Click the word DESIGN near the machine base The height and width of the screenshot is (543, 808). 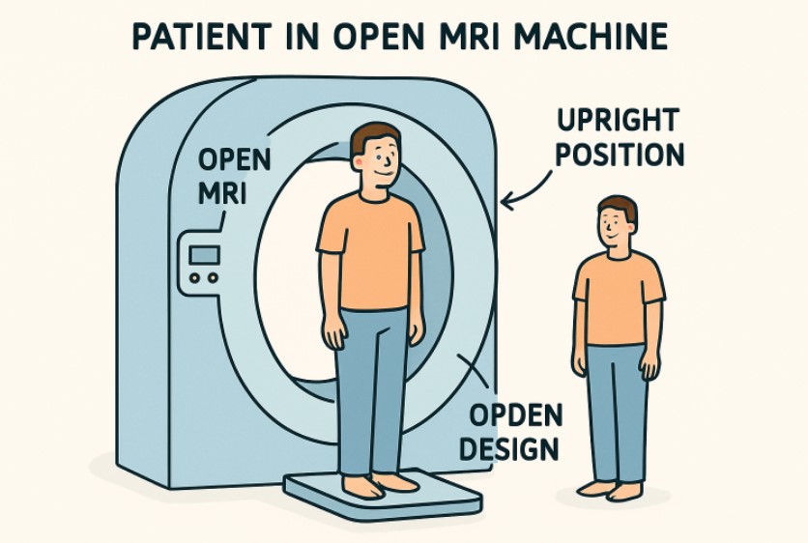(508, 448)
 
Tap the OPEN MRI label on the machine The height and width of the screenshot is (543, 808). (233, 175)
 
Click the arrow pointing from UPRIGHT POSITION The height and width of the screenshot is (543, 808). (526, 193)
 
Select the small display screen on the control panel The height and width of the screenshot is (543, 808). (204, 255)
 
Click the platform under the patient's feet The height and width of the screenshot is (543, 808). (387, 497)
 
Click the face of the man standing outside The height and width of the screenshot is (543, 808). (615, 230)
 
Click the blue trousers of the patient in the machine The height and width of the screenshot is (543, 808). (373, 386)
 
